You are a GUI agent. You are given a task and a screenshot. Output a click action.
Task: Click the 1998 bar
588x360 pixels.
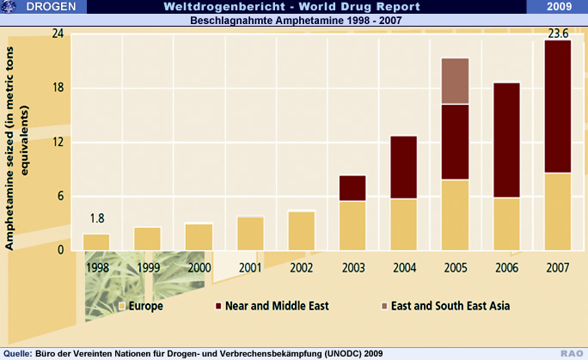[96, 241]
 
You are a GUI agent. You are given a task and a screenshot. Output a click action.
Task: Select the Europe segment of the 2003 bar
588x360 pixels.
[352, 225]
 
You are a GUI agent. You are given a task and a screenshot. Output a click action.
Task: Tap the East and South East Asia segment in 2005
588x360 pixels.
[455, 81]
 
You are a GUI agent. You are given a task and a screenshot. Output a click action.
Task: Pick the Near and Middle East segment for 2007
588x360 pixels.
[558, 107]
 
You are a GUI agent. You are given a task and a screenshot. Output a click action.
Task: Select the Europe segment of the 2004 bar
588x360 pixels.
[404, 224]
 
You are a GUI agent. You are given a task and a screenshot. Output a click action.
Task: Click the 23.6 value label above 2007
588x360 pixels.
[558, 34]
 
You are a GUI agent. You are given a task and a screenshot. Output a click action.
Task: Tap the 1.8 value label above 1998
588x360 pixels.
[96, 218]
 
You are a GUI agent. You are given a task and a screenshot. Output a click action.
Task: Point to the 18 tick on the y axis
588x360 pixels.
[58, 88]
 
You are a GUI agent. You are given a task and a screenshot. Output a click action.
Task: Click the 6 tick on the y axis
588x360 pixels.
[61, 196]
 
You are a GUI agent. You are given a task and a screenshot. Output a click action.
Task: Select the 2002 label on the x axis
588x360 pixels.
[301, 266]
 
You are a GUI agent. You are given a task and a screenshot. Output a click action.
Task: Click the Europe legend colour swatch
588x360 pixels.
[123, 305]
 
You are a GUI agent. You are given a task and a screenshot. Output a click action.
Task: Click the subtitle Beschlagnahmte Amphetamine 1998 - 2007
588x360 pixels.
[294, 20]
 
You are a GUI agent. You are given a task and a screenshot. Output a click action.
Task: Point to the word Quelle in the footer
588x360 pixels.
[17, 353]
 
